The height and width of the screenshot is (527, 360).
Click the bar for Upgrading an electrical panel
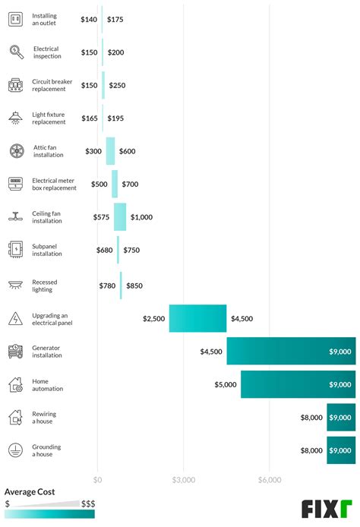[197, 318]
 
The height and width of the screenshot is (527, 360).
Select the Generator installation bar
[291, 352]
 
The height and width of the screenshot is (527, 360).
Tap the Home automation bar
[298, 384]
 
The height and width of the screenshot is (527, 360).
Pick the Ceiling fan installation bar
[120, 217]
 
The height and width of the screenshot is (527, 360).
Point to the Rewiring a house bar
[341, 417]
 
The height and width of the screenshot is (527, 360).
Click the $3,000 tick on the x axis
[184, 480]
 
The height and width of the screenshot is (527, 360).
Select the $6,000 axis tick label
[270, 480]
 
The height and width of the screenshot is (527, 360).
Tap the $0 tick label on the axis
[97, 480]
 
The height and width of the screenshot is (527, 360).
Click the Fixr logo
[327, 508]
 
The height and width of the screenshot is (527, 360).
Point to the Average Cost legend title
[30, 492]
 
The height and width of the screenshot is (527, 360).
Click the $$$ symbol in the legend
[88, 503]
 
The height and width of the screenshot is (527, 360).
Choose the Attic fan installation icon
[16, 150]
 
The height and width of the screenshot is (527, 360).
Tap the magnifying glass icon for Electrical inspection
[16, 52]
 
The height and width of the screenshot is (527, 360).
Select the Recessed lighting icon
[16, 285]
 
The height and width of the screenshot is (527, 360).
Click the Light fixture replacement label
[49, 118]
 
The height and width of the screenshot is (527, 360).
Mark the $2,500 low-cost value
[153, 319]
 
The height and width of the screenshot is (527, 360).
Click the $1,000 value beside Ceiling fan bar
[141, 217]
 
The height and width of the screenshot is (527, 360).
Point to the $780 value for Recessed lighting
[108, 286]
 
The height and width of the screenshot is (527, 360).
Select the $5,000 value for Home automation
[226, 385]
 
